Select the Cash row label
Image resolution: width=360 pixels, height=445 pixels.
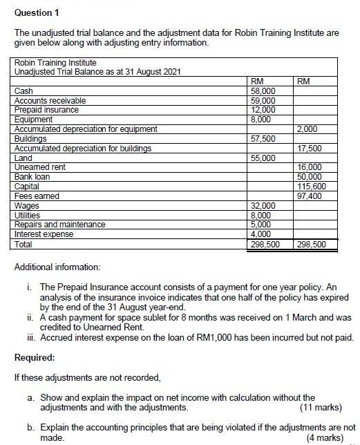(x=24, y=91)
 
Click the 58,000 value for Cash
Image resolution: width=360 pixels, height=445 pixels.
(x=263, y=91)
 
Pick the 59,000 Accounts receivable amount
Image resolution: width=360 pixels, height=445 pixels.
(x=263, y=100)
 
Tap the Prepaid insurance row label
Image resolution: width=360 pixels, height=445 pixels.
(x=46, y=109)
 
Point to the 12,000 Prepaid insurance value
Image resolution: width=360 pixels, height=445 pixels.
(x=263, y=109)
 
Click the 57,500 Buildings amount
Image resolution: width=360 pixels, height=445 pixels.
(x=263, y=139)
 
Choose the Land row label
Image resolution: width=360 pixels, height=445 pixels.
(x=23, y=158)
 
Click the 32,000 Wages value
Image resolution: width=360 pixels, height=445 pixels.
(x=263, y=206)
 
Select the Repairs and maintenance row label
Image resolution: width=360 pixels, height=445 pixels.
(x=60, y=225)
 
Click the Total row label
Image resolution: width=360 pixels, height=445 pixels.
(x=24, y=244)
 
